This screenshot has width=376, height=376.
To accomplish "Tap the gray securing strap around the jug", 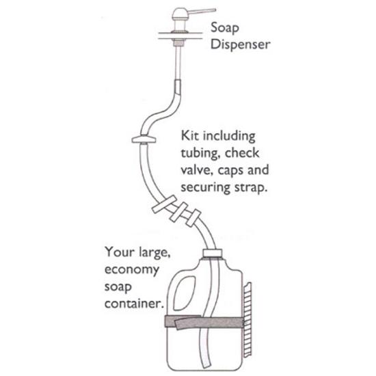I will [205, 322].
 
